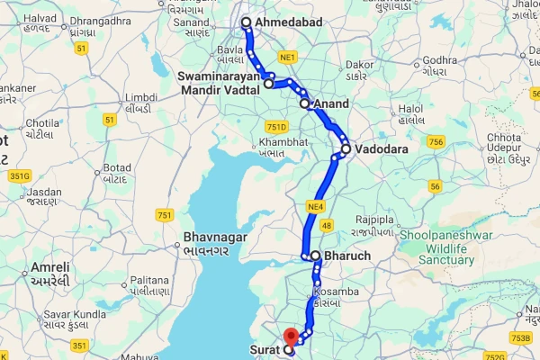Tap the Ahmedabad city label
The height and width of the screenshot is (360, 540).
click(288, 22)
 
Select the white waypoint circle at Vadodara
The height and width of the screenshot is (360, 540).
click(346, 148)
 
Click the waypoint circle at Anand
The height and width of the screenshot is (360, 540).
click(305, 104)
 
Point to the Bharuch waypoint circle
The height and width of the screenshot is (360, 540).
click(316, 256)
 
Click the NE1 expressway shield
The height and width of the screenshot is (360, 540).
click(288, 58)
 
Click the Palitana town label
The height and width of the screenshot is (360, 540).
click(145, 285)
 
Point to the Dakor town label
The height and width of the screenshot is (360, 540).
click(357, 70)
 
